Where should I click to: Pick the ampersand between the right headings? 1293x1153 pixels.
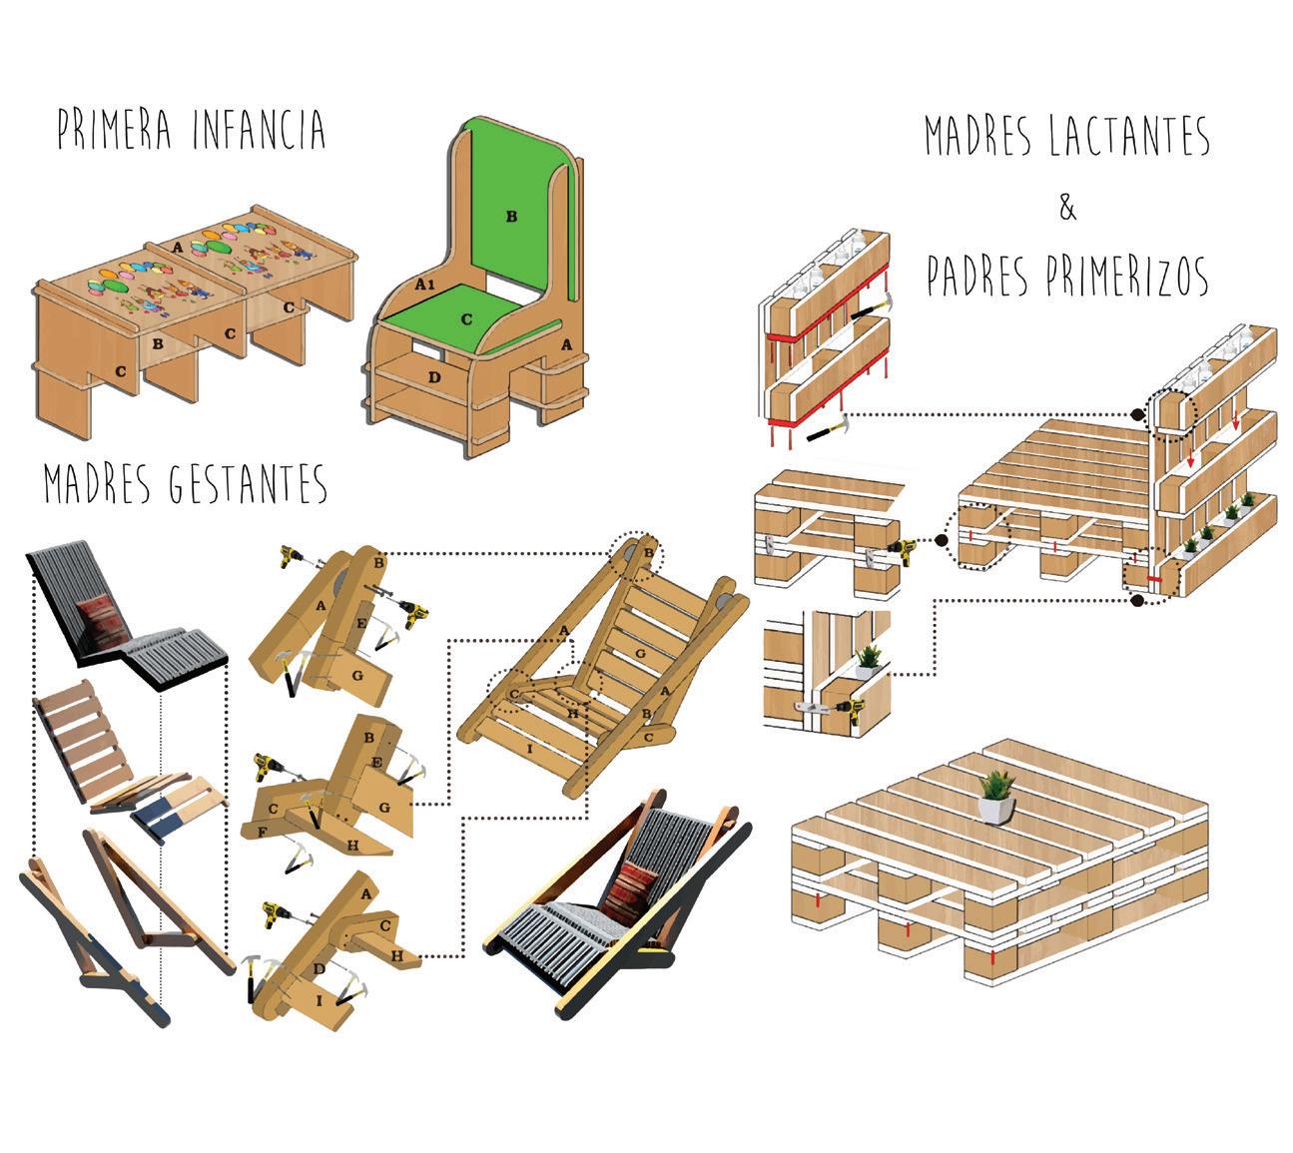tap(1067, 210)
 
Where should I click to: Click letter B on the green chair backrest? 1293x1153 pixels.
tap(511, 216)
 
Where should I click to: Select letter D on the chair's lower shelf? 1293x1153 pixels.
tap(432, 376)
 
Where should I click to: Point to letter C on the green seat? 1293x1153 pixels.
tap(465, 319)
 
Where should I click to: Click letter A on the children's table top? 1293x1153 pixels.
tap(177, 246)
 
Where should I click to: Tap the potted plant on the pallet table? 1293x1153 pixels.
tap(995, 796)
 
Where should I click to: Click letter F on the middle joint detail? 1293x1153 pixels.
tap(262, 831)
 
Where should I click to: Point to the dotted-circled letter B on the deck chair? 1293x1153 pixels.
tap(648, 553)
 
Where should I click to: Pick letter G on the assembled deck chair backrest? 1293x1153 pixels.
tap(640, 652)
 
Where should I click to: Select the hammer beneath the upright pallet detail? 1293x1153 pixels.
tap(825, 431)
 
